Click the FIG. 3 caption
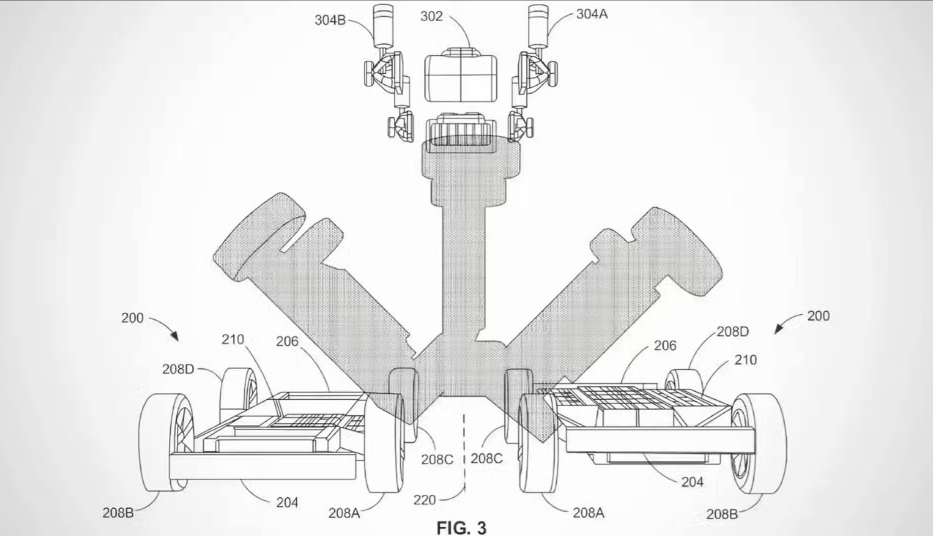point(461,528)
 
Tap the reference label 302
point(432,17)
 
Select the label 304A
point(592,14)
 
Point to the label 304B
point(330,20)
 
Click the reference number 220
point(425,500)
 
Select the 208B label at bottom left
point(118,513)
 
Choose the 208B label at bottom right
point(722,514)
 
